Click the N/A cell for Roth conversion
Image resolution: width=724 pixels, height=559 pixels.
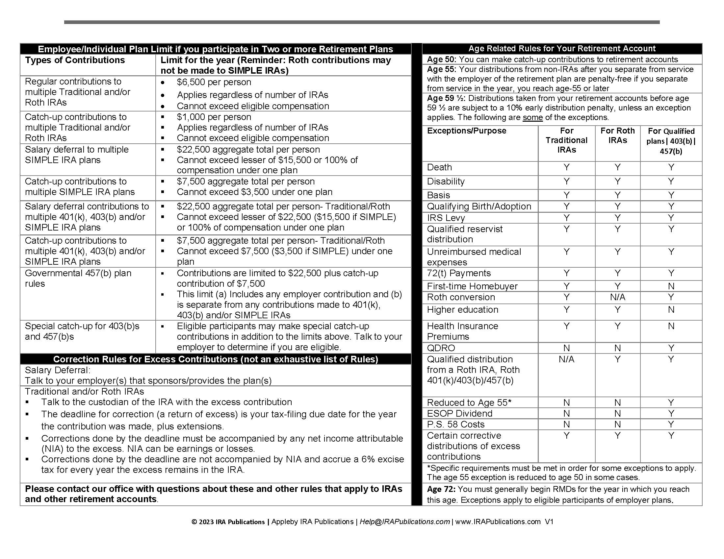617,297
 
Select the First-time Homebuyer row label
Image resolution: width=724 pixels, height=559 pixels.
472,286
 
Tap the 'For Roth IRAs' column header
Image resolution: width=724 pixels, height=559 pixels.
617,135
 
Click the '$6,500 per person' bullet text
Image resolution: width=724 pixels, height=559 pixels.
214,82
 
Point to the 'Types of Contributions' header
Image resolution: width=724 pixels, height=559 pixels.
75,60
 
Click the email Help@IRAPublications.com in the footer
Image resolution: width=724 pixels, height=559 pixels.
404,522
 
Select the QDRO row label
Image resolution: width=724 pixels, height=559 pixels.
441,348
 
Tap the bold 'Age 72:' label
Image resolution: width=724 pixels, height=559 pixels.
441,489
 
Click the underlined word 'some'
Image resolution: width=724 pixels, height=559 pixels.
532,118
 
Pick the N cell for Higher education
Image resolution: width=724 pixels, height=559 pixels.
671,310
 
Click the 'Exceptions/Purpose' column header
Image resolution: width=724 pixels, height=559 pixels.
466,131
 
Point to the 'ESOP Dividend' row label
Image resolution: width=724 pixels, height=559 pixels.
459,413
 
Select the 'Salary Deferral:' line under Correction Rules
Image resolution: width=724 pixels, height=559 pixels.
58,370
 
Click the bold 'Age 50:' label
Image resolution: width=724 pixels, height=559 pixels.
441,60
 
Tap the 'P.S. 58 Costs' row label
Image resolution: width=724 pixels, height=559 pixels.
455,424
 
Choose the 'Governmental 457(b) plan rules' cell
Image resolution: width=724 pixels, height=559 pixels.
78,278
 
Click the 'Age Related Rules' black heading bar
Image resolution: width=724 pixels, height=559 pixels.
561,49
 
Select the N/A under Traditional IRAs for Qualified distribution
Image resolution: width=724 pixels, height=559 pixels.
566,359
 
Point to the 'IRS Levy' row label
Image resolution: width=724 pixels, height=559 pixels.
446,218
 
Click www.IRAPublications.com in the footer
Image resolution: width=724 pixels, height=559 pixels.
498,522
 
